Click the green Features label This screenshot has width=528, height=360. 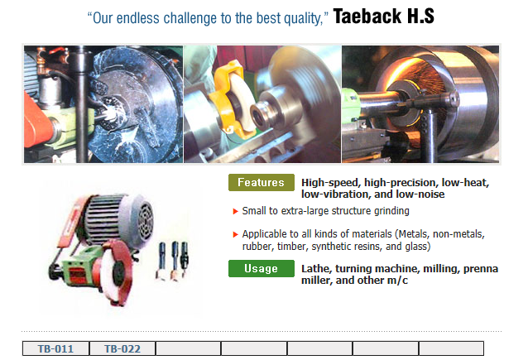point(261,182)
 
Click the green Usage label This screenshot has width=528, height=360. point(261,268)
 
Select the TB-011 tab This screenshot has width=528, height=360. point(55,348)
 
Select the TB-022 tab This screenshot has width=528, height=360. point(122,348)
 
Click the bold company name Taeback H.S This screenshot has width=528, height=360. point(383,17)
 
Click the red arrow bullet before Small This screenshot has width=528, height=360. point(235,212)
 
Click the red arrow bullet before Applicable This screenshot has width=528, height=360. point(235,234)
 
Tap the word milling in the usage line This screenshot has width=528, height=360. point(440,269)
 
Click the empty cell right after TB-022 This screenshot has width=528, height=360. point(188,348)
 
